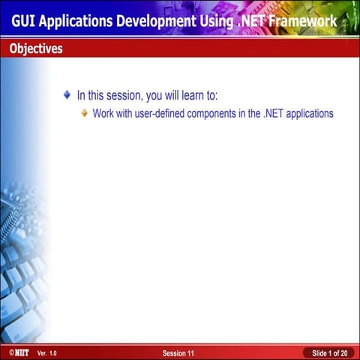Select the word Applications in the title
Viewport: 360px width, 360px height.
79,21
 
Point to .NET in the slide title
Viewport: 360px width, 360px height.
254,21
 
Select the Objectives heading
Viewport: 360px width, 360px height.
36,49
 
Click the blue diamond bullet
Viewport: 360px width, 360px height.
67,95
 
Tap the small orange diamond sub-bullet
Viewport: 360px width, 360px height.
85,114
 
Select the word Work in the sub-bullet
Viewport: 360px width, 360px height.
103,114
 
